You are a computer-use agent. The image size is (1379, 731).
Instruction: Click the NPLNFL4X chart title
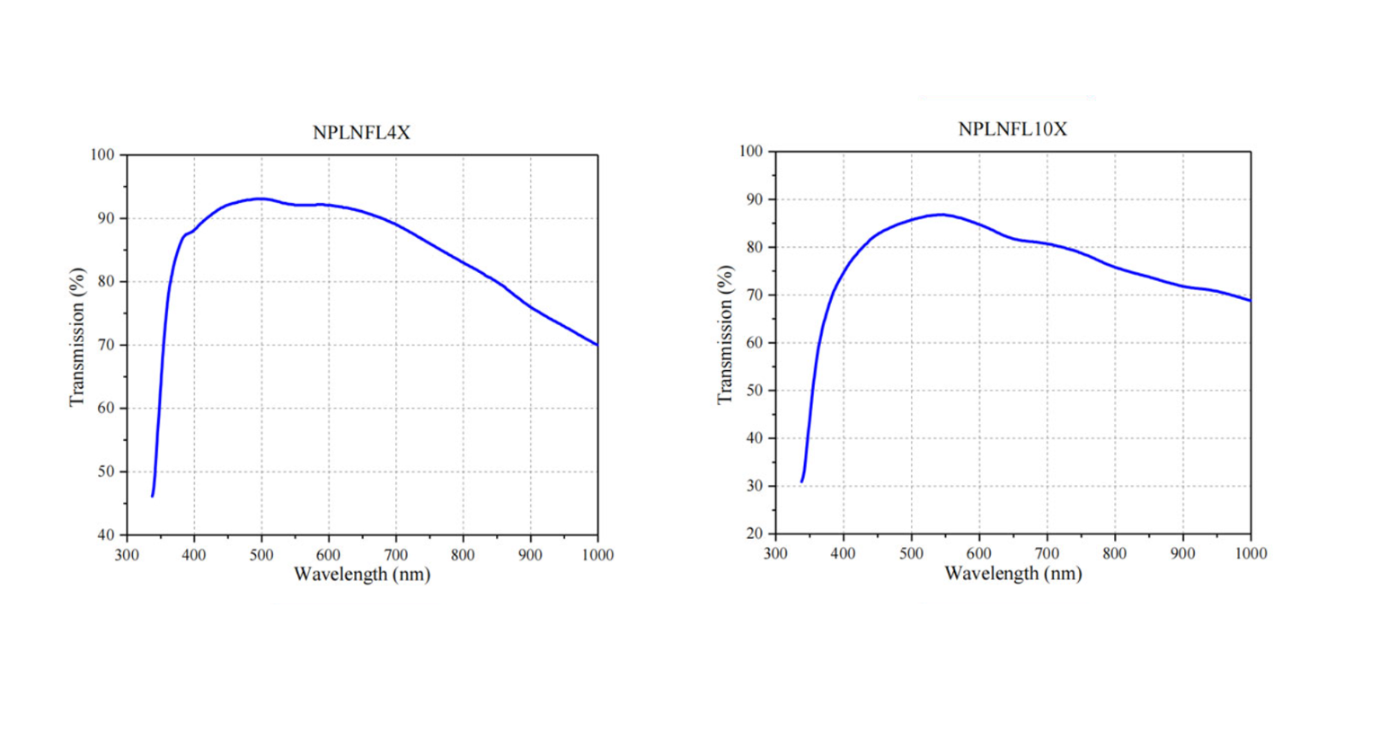pos(361,133)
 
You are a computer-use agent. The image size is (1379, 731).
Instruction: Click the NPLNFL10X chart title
pos(1012,129)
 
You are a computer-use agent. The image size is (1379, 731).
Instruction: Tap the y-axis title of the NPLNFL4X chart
pos(77,337)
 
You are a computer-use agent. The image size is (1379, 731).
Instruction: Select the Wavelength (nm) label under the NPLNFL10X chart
pos(1012,573)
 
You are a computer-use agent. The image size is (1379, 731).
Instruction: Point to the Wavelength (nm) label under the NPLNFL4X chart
pos(362,574)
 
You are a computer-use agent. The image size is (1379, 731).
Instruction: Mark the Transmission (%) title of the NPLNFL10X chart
pos(725,334)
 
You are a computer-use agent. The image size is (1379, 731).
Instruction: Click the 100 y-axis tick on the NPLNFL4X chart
pos(102,155)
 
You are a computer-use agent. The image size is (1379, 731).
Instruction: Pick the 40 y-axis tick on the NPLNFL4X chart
pos(106,535)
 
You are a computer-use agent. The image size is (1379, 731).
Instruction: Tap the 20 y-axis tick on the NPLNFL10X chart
pos(754,533)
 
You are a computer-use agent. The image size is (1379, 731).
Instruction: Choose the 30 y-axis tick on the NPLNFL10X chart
pos(754,486)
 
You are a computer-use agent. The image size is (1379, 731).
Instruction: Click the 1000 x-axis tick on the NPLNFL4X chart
pos(597,555)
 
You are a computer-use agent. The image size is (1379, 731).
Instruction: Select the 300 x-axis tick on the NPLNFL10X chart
pos(775,553)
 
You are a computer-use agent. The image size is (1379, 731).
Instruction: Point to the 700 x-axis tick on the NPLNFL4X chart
pos(395,555)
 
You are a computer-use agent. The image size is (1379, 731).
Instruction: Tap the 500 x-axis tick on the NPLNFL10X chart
pos(911,553)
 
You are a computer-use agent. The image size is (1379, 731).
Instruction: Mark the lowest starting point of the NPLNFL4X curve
pos(153,496)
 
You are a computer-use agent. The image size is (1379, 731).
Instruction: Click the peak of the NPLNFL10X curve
pos(941,215)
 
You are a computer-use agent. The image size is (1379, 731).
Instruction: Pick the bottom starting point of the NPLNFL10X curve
pos(801,482)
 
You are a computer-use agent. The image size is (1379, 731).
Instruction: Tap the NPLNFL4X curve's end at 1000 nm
pos(597,345)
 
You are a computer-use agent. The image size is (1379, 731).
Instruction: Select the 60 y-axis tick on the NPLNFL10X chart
pos(754,342)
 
